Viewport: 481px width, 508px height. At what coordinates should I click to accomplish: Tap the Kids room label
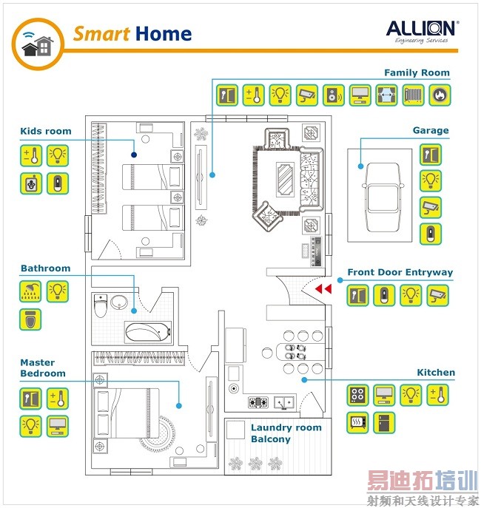coord(46,132)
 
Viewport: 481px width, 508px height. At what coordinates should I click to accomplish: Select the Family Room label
coord(417,72)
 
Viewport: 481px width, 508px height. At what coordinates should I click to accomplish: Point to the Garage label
coord(431,131)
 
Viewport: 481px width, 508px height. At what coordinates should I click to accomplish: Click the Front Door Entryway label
coord(400,272)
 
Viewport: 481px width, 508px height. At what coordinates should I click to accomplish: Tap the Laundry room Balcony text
coord(286,433)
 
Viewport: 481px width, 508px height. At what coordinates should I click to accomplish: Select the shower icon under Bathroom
coord(30,291)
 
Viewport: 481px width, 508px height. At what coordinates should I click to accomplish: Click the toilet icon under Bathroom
coord(30,319)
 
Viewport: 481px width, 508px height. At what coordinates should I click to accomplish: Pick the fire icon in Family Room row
coord(440,95)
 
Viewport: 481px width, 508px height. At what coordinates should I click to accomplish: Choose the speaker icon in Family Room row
coord(334,95)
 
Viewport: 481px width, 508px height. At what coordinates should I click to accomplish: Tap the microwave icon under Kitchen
coord(358,422)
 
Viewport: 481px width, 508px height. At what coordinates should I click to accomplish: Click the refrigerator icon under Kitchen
coord(384,422)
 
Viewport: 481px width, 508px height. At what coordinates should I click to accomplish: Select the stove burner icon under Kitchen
coord(358,394)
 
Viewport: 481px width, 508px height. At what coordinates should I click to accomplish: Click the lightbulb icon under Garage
coord(431,180)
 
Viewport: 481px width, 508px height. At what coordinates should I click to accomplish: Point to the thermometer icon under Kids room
coord(30,155)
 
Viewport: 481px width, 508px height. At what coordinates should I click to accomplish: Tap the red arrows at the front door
coord(323,288)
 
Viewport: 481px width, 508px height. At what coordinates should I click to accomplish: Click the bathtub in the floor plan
coord(148,331)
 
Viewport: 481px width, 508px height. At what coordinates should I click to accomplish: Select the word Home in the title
coord(164,34)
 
